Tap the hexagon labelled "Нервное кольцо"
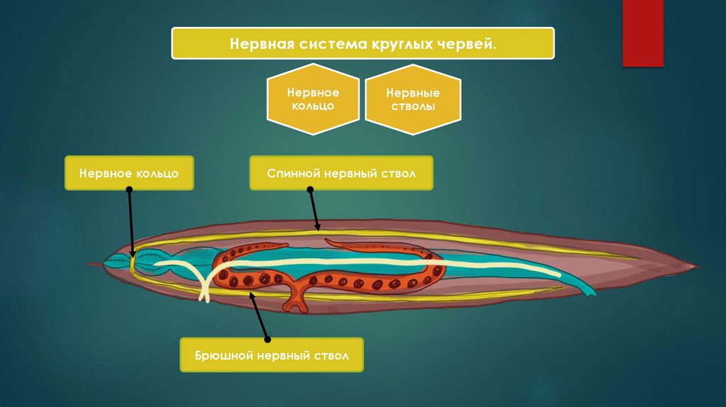pyautogui.click(x=312, y=99)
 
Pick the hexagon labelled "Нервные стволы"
pyautogui.click(x=412, y=99)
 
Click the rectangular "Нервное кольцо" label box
pyautogui.click(x=129, y=172)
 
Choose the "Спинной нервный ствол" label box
pyautogui.click(x=340, y=172)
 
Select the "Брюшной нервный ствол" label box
pyautogui.click(x=272, y=355)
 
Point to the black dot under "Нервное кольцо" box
pyautogui.click(x=130, y=189)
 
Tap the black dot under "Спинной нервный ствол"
pyautogui.click(x=310, y=189)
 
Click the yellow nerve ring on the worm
pyautogui.click(x=133, y=262)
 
